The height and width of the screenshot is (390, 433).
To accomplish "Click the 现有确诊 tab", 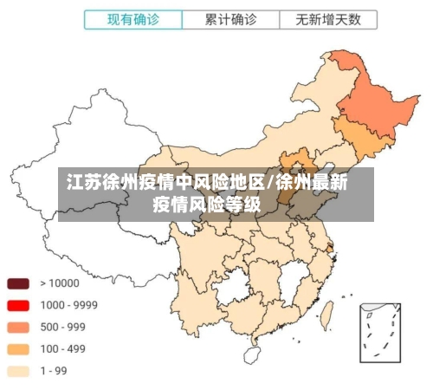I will click(x=133, y=18).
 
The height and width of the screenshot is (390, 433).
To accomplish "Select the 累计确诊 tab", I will click(x=230, y=18).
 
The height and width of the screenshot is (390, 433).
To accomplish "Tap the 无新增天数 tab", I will click(x=327, y=18).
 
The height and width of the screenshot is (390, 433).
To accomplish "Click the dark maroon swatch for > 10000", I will click(x=18, y=283).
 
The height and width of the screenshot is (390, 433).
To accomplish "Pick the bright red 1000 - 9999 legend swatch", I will click(x=18, y=305).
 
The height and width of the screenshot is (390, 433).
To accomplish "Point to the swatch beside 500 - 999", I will click(x=18, y=328).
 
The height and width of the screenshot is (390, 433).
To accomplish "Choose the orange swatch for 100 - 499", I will click(x=18, y=349).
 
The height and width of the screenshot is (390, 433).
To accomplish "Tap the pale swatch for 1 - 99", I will click(x=18, y=371).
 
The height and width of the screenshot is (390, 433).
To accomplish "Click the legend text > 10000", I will click(x=60, y=283).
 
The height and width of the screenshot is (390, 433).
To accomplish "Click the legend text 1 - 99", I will click(x=55, y=371).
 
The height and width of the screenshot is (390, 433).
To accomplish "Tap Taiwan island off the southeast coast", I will click(x=328, y=313).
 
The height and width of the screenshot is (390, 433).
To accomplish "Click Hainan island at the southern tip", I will click(x=253, y=354).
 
